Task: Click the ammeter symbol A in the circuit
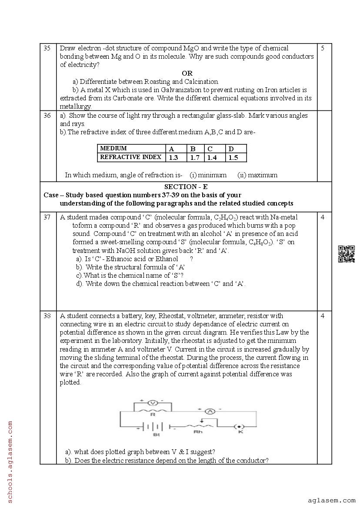coord(210,411)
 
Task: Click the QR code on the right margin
coord(346,254)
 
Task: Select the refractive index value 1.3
coord(173,157)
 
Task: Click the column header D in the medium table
coord(231,149)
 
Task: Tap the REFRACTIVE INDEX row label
coord(131,157)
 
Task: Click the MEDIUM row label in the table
coord(113,149)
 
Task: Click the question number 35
coord(47,48)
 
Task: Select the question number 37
coord(47,217)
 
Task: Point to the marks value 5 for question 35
coord(323,48)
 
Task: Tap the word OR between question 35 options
coord(187,73)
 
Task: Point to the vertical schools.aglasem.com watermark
coord(10,461)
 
